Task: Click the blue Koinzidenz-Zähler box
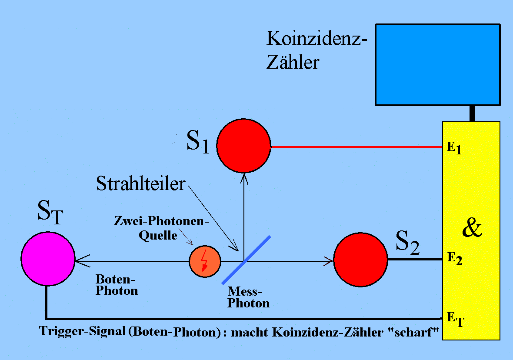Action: pyautogui.click(x=437, y=64)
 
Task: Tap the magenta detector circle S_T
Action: pyautogui.click(x=48, y=259)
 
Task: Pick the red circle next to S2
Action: pyautogui.click(x=360, y=260)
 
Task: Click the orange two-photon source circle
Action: pyautogui.click(x=205, y=261)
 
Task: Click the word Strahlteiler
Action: pyautogui.click(x=140, y=183)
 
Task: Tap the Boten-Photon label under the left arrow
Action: pyautogui.click(x=116, y=285)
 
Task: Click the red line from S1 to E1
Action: pyautogui.click(x=356, y=147)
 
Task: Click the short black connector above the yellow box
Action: pyautogui.click(x=472, y=113)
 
